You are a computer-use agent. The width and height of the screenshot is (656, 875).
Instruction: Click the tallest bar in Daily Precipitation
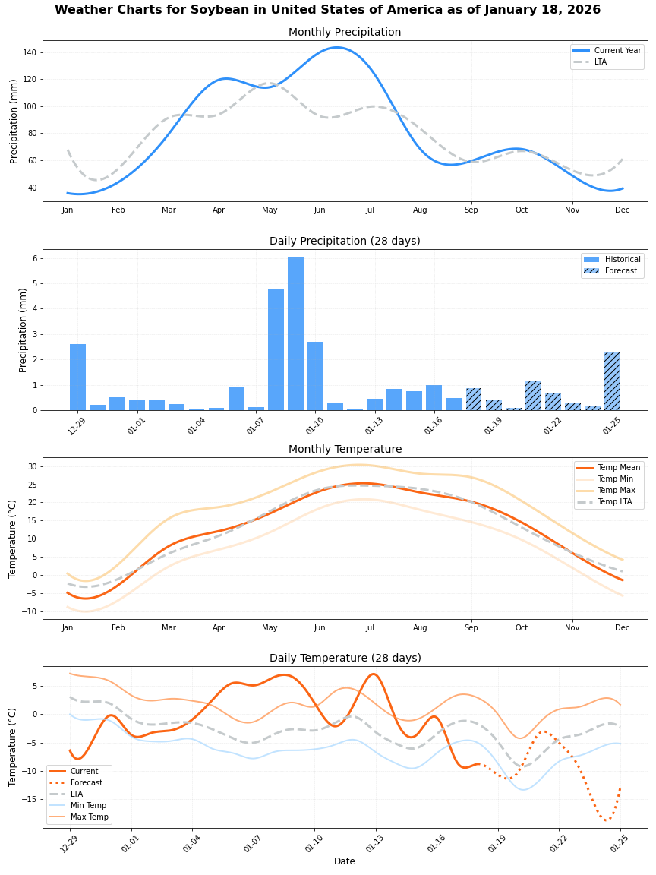click(x=295, y=334)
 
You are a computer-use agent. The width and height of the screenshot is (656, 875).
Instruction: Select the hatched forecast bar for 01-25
click(x=612, y=381)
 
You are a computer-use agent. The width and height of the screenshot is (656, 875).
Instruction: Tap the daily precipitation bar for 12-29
click(x=77, y=377)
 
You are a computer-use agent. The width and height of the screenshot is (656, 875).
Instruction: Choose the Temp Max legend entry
click(x=617, y=491)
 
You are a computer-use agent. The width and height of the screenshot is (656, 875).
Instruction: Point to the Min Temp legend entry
click(x=88, y=805)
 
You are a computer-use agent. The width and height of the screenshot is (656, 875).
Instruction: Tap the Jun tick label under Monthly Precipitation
click(x=320, y=210)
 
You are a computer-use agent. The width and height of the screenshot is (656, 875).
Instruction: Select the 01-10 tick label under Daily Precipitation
click(x=314, y=421)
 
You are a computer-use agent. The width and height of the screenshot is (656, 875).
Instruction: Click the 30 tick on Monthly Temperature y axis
click(x=32, y=466)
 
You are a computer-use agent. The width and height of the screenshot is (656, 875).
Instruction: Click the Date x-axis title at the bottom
click(x=345, y=861)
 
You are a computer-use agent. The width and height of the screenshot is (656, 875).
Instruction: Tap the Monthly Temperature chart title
click(x=345, y=450)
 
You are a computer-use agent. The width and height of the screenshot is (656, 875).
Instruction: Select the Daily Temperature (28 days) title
click(x=345, y=659)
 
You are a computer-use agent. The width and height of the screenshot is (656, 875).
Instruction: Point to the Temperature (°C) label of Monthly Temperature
click(x=13, y=539)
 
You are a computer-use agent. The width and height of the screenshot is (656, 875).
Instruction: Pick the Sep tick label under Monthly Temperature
click(x=471, y=628)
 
